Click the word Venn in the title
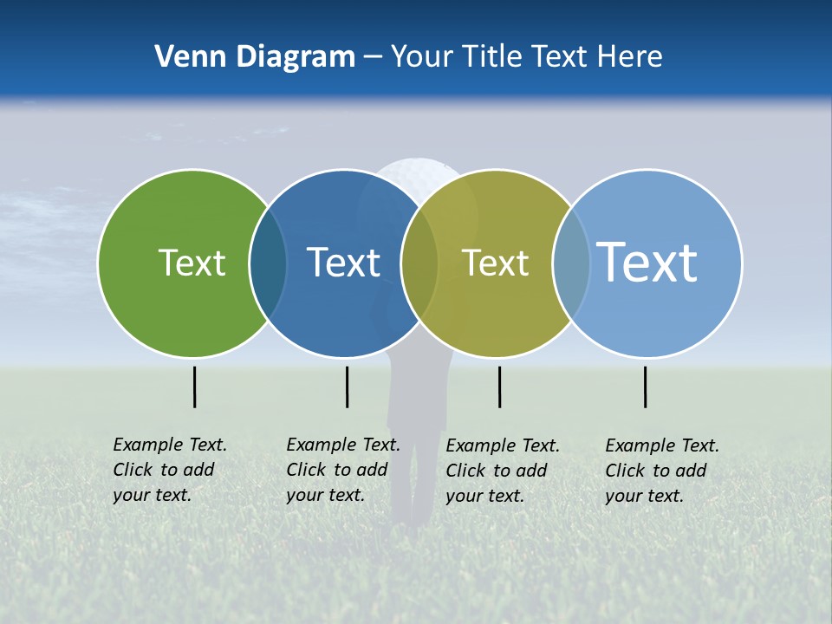[x=185, y=57]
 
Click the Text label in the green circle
[x=192, y=263]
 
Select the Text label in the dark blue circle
[x=343, y=263]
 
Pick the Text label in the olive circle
[x=495, y=263]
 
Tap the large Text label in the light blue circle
[x=647, y=262]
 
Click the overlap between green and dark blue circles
[x=268, y=263]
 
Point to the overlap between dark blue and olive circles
[x=419, y=263]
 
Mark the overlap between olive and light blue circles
[x=571, y=263]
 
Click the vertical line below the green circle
[x=195, y=387]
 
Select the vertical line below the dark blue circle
[x=347, y=387]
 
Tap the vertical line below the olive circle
[x=499, y=387]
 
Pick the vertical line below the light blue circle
[x=646, y=387]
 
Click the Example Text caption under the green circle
[x=169, y=470]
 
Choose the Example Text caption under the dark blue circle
[x=342, y=470]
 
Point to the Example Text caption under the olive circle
[x=502, y=471]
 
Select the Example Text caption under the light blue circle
[x=661, y=471]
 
